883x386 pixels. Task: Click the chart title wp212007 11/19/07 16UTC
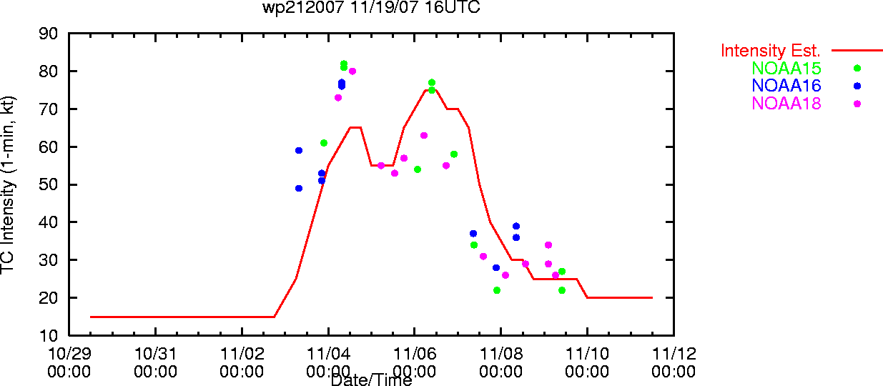pyautogui.click(x=371, y=7)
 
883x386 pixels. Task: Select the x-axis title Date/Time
pyautogui.click(x=371, y=380)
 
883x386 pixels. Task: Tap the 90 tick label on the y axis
pyautogui.click(x=48, y=34)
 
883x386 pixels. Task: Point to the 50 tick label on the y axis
pyautogui.click(x=48, y=184)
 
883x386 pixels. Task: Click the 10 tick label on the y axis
pyautogui.click(x=48, y=335)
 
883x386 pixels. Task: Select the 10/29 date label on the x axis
pyautogui.click(x=69, y=354)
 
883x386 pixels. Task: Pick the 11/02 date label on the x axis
pyautogui.click(x=242, y=354)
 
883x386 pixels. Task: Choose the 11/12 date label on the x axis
pyautogui.click(x=674, y=354)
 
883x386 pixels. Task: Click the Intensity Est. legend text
pyautogui.click(x=770, y=51)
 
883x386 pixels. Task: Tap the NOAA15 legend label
pyautogui.click(x=786, y=68)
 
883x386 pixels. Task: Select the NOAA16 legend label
pyautogui.click(x=786, y=86)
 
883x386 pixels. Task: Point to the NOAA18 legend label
pyautogui.click(x=786, y=104)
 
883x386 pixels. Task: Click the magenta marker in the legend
pyautogui.click(x=857, y=104)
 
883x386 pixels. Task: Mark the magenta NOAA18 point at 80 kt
pyautogui.click(x=352, y=71)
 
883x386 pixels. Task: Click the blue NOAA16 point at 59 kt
pyautogui.click(x=299, y=151)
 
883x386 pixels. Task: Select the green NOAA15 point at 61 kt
pyautogui.click(x=324, y=143)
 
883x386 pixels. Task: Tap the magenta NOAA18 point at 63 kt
pyautogui.click(x=424, y=136)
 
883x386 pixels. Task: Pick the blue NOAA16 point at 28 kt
pyautogui.click(x=496, y=268)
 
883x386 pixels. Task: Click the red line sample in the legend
pyautogui.click(x=857, y=51)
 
